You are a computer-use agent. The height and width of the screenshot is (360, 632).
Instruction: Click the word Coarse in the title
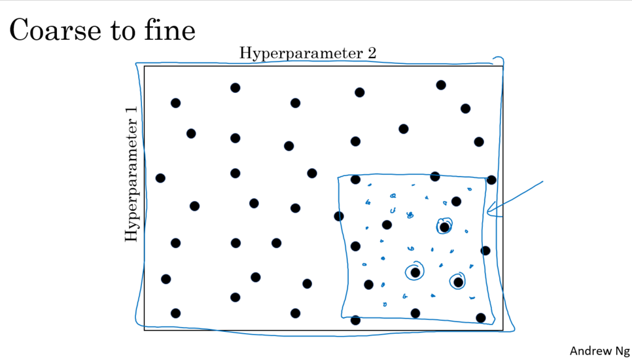pos(45,30)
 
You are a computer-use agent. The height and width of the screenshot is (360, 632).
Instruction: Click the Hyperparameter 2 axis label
pos(307,53)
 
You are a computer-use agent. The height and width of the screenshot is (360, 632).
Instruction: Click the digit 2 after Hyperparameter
pos(372,53)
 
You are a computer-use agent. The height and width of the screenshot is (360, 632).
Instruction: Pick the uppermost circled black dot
pos(445,227)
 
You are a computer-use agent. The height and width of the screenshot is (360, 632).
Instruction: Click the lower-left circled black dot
pos(415,272)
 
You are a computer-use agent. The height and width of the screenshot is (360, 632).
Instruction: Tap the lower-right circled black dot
pos(458,282)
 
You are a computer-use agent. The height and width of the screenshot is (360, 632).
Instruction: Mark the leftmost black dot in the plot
pos(160,178)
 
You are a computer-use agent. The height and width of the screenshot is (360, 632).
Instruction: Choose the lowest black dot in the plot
pos(355,320)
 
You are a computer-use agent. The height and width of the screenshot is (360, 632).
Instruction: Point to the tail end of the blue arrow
pos(543,180)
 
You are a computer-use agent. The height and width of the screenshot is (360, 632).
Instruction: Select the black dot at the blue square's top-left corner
pos(355,179)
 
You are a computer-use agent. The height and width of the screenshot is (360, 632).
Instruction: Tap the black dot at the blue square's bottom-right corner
pos(481,318)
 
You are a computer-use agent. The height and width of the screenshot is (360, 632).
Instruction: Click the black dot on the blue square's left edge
pos(339,216)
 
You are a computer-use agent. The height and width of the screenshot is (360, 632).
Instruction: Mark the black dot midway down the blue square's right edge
pos(485,250)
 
